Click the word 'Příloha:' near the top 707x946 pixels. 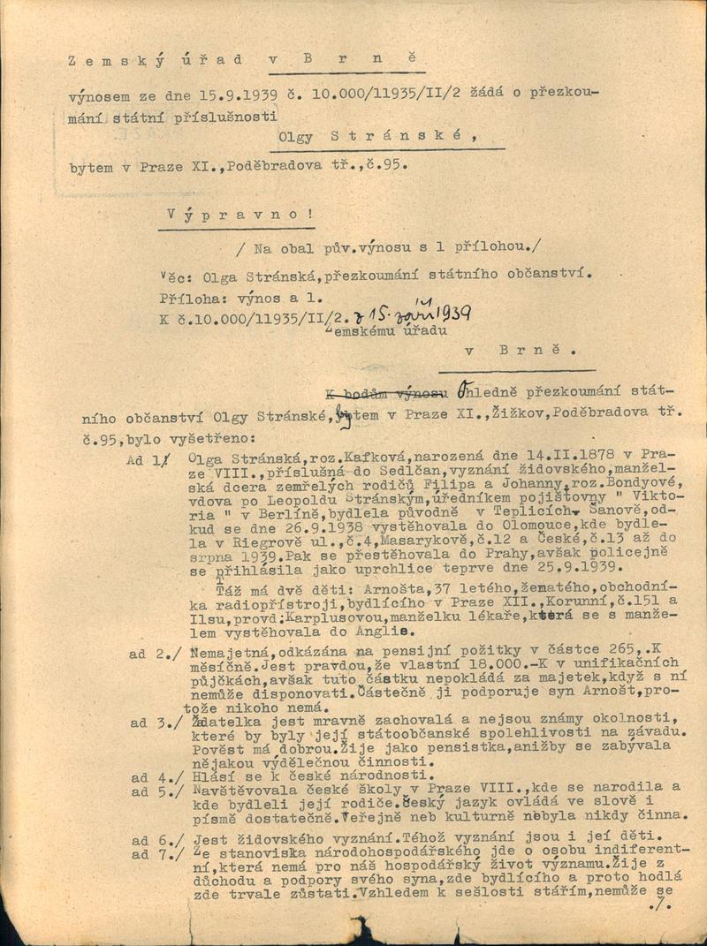[x=188, y=298]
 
